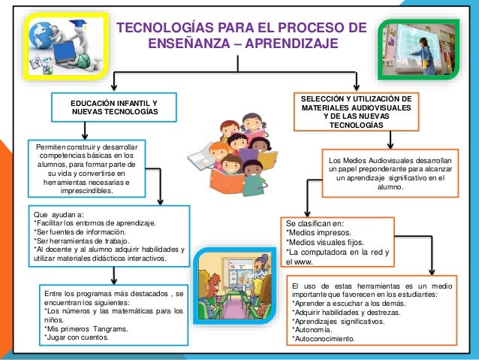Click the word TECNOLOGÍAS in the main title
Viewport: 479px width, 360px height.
coord(158,28)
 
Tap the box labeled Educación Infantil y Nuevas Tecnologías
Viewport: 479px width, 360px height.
coord(114,107)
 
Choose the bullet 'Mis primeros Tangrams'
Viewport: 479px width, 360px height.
coord(88,328)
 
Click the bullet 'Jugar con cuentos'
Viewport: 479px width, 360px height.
coord(78,337)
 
